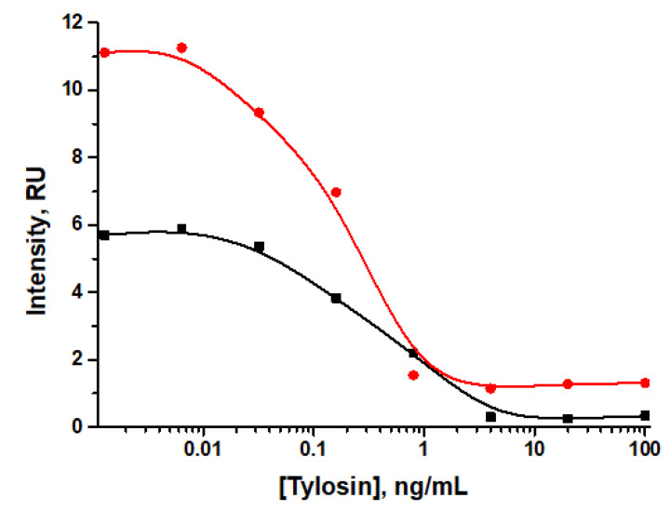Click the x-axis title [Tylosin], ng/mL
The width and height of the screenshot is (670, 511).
(372, 487)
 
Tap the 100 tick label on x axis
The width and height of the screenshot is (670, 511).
(644, 450)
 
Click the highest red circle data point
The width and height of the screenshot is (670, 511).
(181, 47)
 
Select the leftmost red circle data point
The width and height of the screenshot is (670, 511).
(104, 52)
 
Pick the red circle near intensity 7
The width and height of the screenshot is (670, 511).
(336, 192)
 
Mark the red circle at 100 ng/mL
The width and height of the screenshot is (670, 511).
(645, 383)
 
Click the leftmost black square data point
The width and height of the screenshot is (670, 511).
(104, 235)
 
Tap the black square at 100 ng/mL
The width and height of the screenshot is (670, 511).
(645, 415)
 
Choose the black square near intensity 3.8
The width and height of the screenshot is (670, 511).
(336, 298)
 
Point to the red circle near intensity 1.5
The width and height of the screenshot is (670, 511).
(413, 375)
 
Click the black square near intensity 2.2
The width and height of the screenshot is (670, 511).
(413, 353)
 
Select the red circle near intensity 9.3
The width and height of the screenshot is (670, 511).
(259, 113)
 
